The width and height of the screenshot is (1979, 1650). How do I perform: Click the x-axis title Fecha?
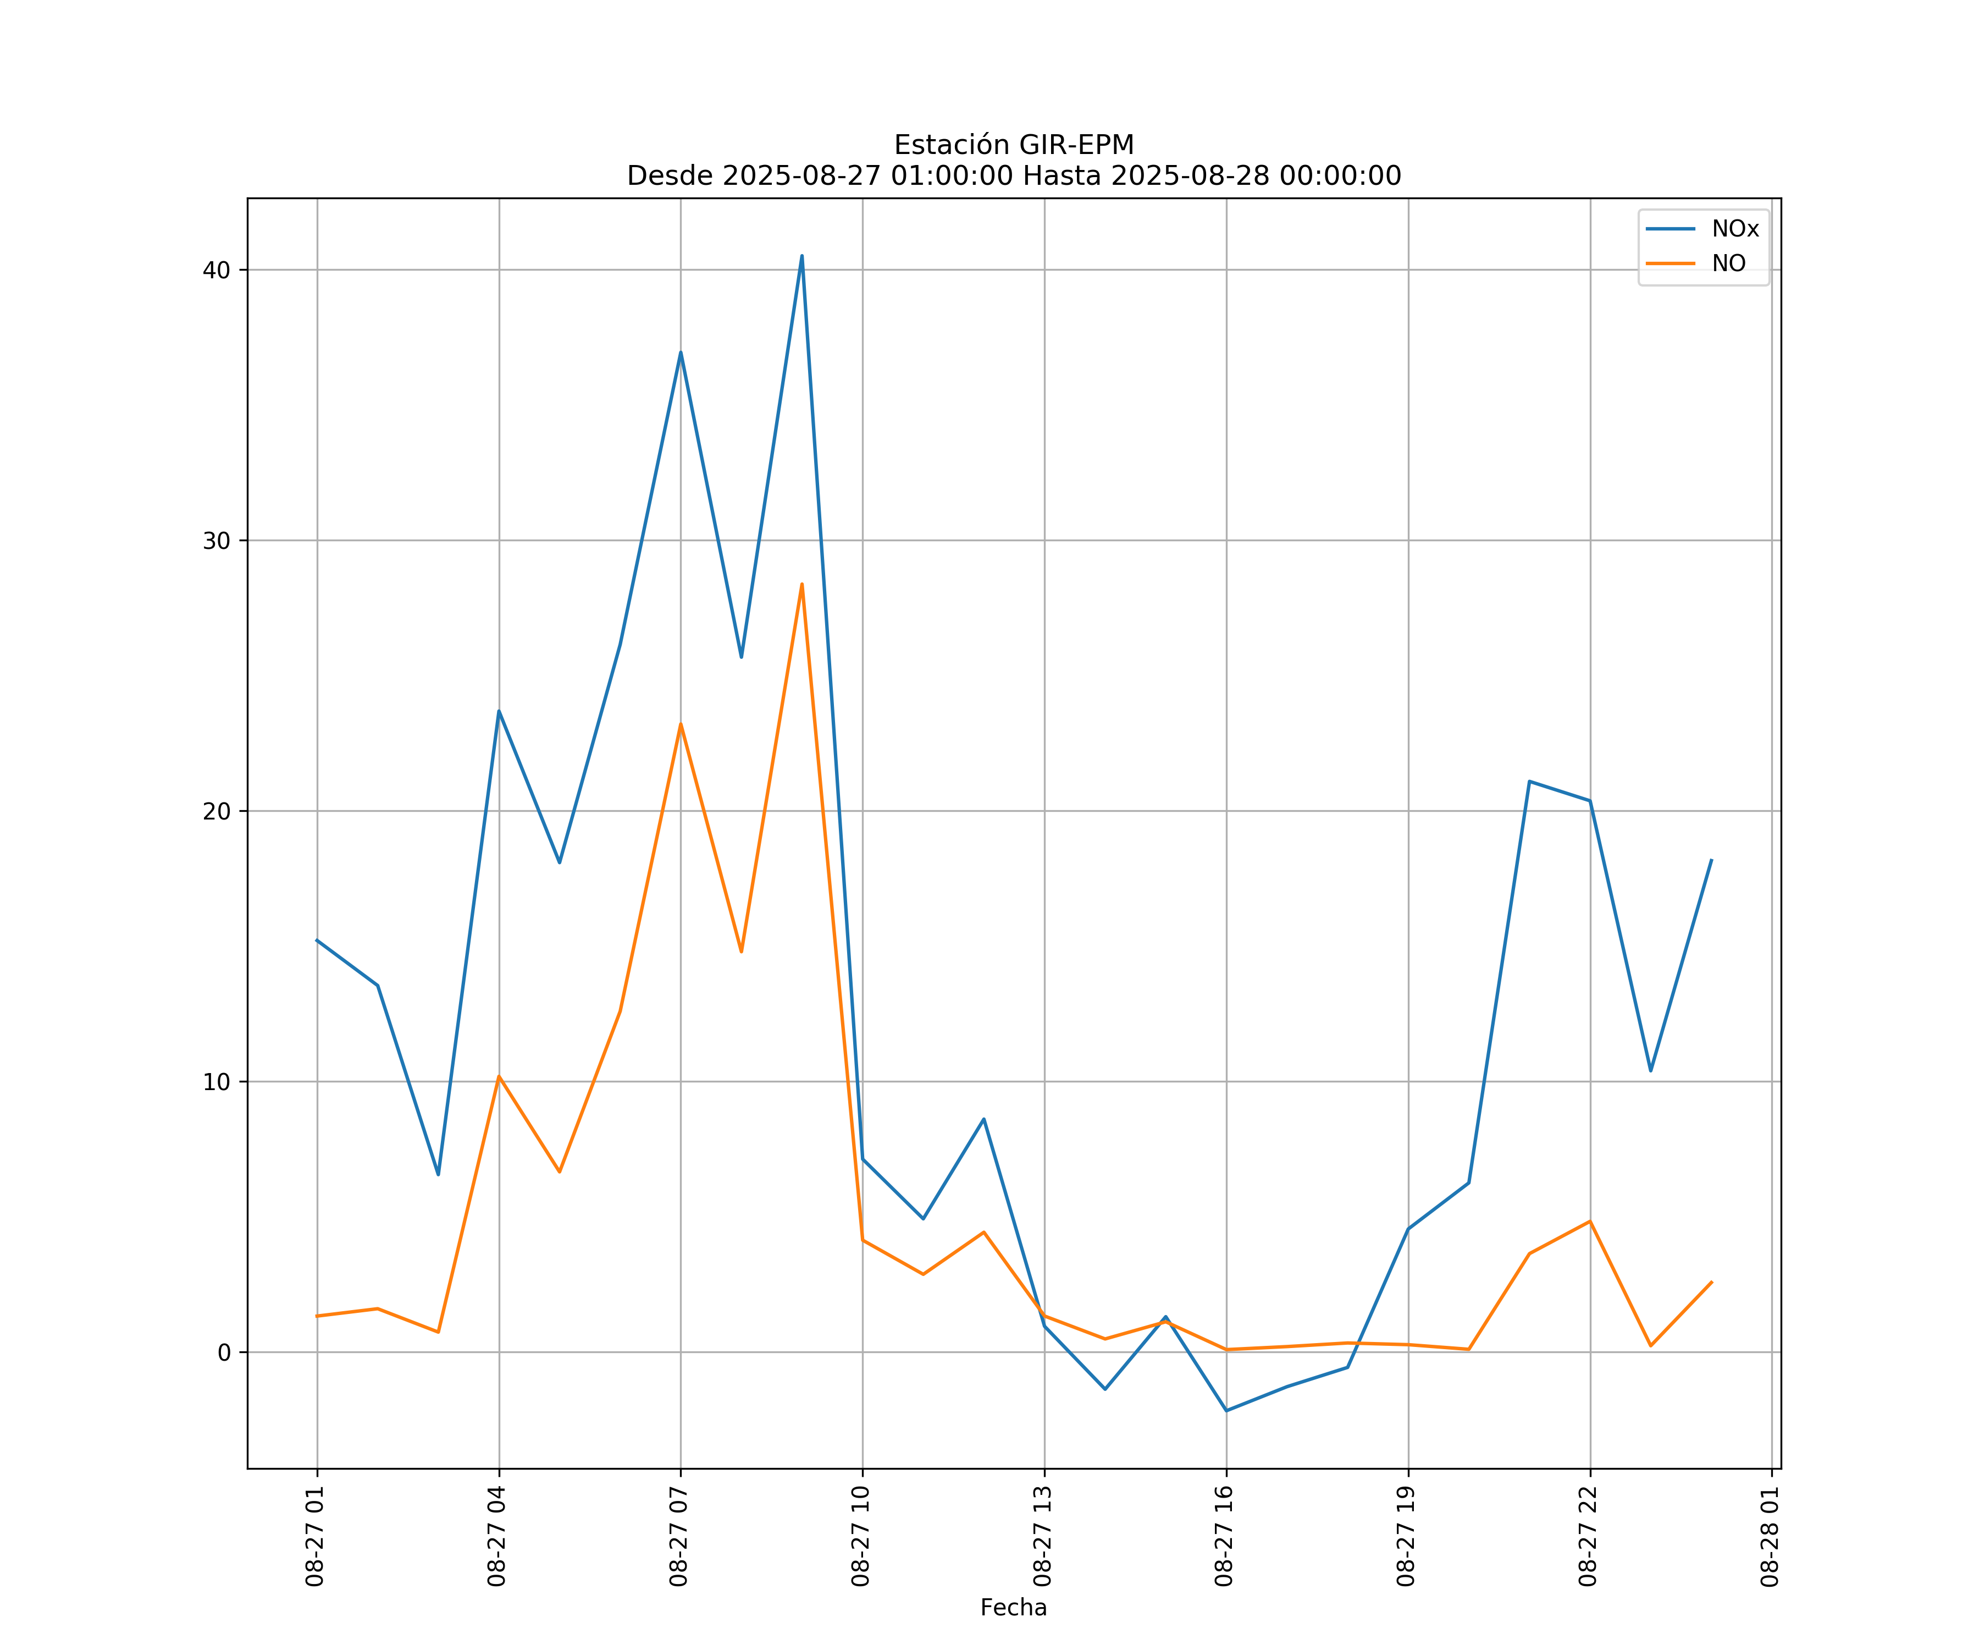point(1013,1608)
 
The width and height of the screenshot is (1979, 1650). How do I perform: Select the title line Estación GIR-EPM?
point(1013,145)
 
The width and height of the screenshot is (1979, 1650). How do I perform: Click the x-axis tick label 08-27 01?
point(315,1536)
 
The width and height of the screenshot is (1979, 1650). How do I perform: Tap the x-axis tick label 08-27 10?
point(860,1536)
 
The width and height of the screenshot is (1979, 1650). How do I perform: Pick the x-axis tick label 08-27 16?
point(1224,1536)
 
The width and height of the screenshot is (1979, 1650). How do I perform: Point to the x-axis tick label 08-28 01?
point(1770,1536)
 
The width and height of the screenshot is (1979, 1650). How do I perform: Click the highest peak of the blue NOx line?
point(802,256)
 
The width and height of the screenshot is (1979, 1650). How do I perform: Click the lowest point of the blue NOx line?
point(1226,1411)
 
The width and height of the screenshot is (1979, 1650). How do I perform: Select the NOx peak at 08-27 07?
point(681,353)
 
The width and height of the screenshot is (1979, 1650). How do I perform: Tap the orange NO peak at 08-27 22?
point(1590,1221)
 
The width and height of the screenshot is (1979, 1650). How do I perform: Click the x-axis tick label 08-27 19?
point(1406,1536)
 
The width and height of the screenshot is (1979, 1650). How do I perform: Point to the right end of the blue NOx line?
point(1711,860)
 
